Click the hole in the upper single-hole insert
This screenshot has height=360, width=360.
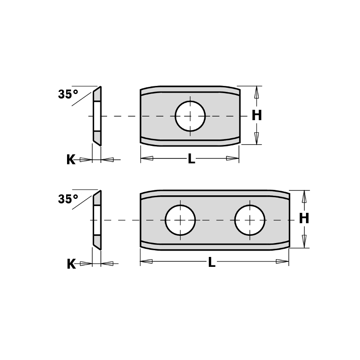pos(190,116)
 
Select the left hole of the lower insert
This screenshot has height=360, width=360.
pos(180,220)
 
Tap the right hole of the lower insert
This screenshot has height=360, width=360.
pos(249,220)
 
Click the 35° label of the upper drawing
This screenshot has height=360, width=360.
pos(67,94)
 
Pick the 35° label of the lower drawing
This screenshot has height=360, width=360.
pos(68,199)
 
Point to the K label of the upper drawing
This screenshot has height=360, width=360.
pos(71,160)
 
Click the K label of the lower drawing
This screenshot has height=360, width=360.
pos(71,264)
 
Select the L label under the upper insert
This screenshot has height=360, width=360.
pos(191,159)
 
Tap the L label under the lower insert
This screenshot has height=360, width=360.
pos(211,263)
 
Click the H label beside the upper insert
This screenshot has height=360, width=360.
pos(256,116)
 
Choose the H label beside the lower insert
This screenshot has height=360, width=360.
pos(304,219)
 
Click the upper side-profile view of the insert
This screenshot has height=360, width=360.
pos(97,116)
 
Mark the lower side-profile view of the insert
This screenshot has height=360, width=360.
pos(97,220)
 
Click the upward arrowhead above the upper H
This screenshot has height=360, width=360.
pos(256,92)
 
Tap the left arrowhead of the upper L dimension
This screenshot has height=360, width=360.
pos(147,158)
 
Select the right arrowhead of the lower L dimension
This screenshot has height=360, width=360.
pos(282,261)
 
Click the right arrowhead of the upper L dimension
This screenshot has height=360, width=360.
pos(232,158)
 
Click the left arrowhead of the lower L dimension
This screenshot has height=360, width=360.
pos(147,261)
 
